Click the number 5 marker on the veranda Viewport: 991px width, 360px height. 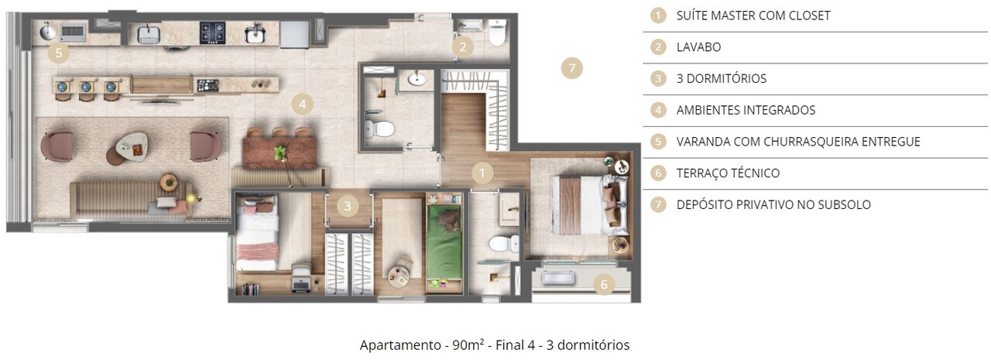(57, 53)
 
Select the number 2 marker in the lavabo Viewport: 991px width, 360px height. (462, 47)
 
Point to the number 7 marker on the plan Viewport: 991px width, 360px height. (571, 68)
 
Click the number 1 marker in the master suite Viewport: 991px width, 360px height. (482, 173)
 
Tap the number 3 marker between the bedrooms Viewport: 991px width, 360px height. (348, 206)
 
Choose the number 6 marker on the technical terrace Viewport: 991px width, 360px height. (605, 284)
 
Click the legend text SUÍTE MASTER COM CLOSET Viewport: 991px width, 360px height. (753, 15)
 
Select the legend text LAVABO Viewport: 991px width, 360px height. (698, 47)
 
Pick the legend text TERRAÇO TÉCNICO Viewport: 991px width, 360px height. (728, 173)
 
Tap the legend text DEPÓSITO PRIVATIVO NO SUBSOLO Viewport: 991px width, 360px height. (773, 205)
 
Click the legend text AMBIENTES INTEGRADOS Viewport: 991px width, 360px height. (746, 110)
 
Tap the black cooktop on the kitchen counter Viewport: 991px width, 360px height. (212, 32)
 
